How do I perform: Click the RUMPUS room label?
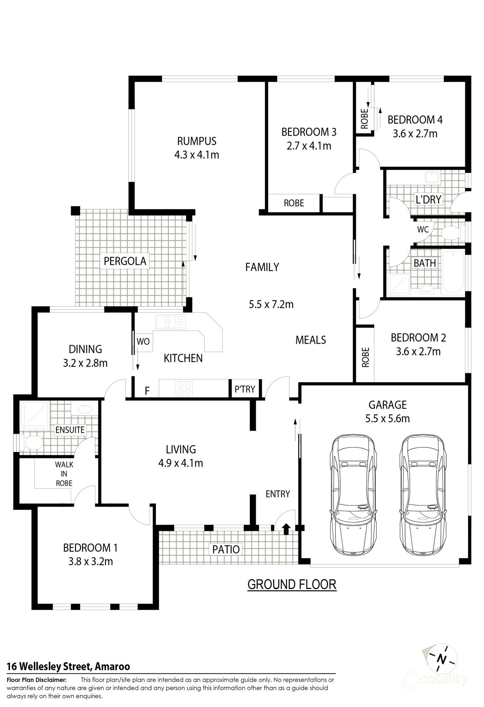[x=197, y=141]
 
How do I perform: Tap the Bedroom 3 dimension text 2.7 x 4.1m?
[x=309, y=146]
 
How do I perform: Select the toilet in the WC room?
[x=451, y=232]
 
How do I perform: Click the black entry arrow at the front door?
[x=286, y=529]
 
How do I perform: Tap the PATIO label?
[x=226, y=549]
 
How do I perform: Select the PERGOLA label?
[x=125, y=261]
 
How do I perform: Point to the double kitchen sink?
[x=171, y=322]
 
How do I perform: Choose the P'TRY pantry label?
[x=245, y=389]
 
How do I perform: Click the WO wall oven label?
[x=143, y=341]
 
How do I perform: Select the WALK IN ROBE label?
[x=64, y=474]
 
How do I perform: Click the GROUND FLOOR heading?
[x=292, y=584]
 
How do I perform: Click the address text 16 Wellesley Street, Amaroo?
[x=69, y=667]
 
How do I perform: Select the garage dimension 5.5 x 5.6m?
[x=388, y=419]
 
